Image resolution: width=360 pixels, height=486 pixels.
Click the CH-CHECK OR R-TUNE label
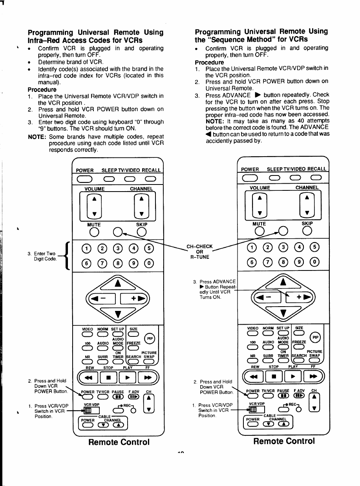pyautogui.click(x=199, y=252)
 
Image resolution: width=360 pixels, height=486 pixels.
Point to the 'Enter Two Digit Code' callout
pyautogui.click(x=45, y=256)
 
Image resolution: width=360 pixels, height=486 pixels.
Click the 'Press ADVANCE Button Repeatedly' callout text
pyautogui.click(x=214, y=289)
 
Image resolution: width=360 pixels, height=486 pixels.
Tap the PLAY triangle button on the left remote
pyautogui.click(x=126, y=378)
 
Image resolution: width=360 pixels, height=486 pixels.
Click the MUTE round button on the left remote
pyautogui.click(x=94, y=233)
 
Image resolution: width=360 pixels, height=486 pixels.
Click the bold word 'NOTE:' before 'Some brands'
pyautogui.click(x=37, y=137)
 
